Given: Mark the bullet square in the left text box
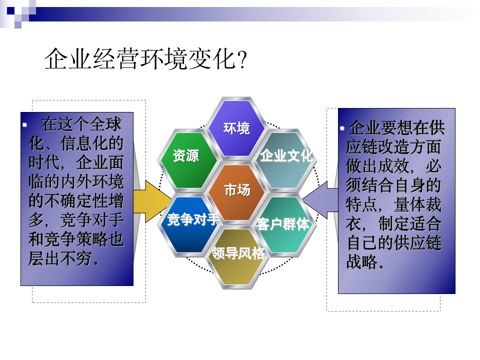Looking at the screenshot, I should point(25,123).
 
